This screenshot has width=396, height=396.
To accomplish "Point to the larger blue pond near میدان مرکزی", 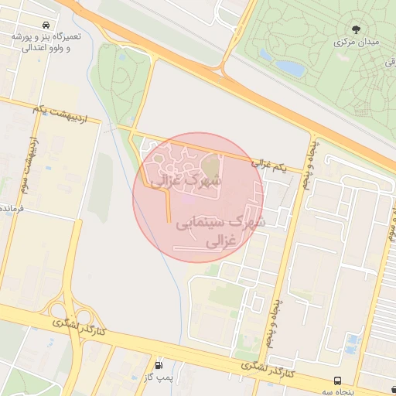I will coord(291,67).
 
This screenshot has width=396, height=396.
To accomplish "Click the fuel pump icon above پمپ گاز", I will coord(159,365).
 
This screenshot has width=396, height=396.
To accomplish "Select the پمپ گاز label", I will coord(159,377).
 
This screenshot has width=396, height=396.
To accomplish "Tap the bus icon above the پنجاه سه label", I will coord(337,381).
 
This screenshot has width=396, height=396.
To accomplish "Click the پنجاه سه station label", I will coord(337,392).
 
